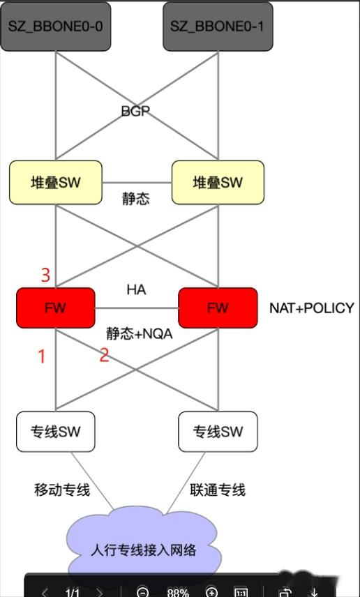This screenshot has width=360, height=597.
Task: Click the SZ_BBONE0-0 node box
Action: tap(56, 27)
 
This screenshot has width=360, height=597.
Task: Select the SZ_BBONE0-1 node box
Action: tap(218, 27)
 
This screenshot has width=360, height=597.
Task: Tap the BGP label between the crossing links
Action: tap(135, 111)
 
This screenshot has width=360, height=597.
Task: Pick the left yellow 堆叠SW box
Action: tap(56, 183)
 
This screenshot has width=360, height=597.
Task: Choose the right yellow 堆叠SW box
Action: tap(218, 183)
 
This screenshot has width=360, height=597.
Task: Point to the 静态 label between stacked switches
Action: tap(135, 199)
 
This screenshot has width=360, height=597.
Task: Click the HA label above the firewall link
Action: tap(136, 289)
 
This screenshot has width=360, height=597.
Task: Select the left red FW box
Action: tap(55, 308)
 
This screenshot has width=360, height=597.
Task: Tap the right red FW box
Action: tap(218, 308)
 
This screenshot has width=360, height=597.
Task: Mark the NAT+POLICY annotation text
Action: tap(312, 308)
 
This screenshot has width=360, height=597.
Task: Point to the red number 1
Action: tap(41, 356)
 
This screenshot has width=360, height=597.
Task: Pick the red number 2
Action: tap(104, 355)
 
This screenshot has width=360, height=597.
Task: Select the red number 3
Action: tap(45, 275)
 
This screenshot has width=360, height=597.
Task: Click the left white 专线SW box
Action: tap(56, 431)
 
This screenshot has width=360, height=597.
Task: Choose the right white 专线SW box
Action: tap(218, 431)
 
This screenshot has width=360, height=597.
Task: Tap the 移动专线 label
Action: tap(62, 490)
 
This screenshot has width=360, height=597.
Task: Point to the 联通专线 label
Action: tap(218, 490)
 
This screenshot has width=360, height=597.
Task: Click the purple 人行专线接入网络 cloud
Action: tap(144, 550)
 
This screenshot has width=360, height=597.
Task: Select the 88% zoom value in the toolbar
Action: tap(178, 592)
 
